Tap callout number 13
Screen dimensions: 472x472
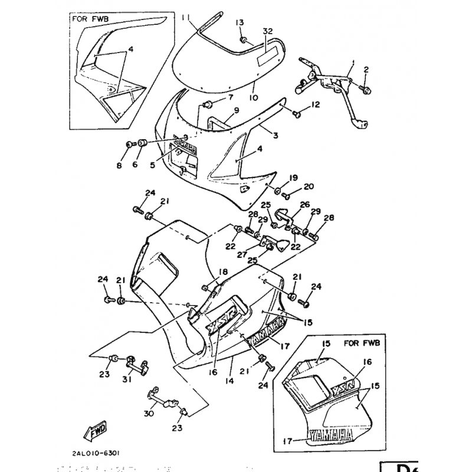[240, 22]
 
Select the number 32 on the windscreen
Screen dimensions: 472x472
[267, 32]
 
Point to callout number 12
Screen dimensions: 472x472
[316, 105]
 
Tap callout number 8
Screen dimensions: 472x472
[119, 166]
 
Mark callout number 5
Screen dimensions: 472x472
[152, 166]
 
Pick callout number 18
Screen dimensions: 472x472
[224, 271]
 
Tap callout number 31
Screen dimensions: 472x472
[126, 379]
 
